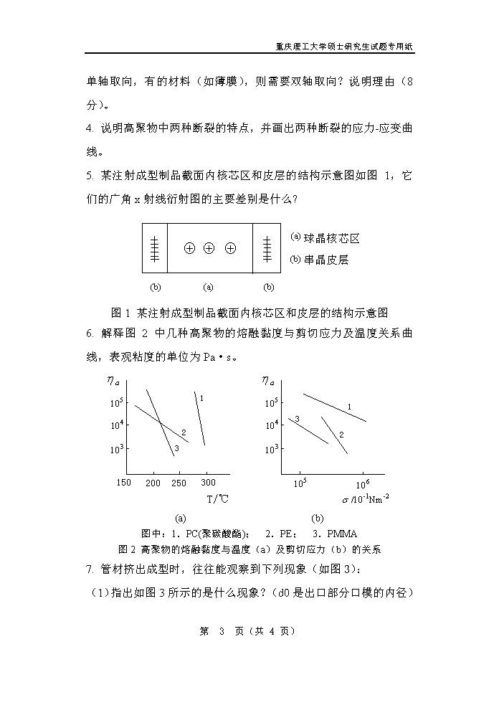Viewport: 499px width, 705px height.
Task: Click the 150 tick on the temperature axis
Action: (x=123, y=483)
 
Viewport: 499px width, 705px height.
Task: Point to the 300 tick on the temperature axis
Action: (x=207, y=483)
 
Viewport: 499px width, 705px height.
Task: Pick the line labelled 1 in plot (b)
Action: (x=334, y=407)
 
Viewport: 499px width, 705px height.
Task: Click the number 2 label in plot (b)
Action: (x=341, y=435)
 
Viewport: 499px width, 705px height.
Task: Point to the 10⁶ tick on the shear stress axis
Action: (x=363, y=483)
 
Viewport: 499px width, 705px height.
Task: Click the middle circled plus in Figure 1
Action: (x=209, y=248)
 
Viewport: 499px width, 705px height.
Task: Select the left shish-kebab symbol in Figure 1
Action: (x=155, y=248)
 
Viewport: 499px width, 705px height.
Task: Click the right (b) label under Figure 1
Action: (x=269, y=287)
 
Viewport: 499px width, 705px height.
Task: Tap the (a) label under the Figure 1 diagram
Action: (x=209, y=287)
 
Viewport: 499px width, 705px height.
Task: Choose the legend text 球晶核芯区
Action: (x=331, y=238)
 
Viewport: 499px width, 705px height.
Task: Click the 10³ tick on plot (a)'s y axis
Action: (x=117, y=449)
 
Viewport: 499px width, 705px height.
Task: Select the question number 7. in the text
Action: (x=90, y=569)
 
